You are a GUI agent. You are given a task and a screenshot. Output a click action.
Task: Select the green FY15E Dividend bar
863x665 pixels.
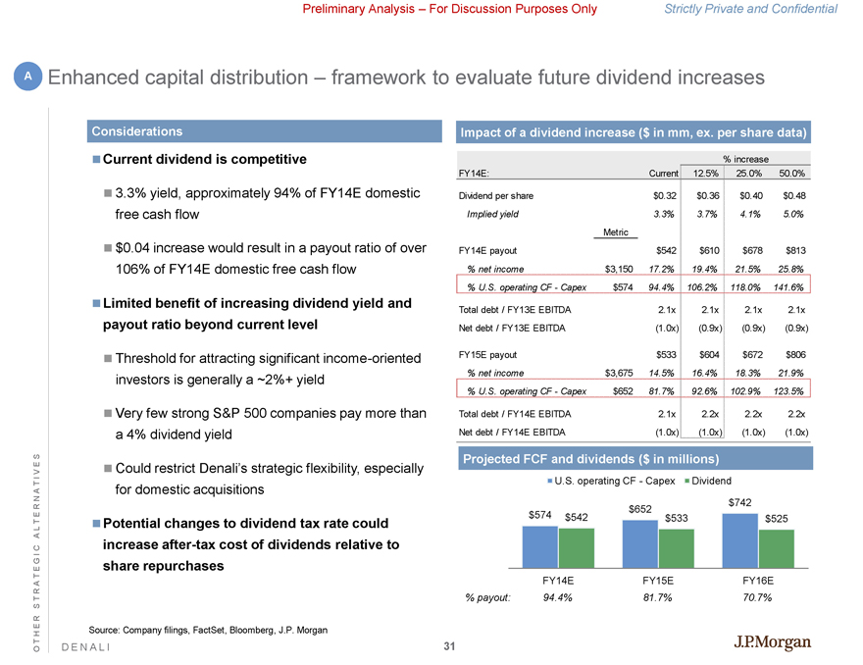[676, 548]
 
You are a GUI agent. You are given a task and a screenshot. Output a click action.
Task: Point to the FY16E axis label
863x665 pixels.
[759, 580]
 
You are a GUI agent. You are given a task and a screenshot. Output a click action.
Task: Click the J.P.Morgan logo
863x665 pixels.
[773, 643]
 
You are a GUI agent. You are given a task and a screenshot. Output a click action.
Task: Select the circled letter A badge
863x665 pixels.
[28, 77]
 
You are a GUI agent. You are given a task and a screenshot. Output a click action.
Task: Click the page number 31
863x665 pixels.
[449, 646]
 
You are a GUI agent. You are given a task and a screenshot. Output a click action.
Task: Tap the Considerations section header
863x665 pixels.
[136, 130]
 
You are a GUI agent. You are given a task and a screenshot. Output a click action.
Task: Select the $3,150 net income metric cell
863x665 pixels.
[617, 268]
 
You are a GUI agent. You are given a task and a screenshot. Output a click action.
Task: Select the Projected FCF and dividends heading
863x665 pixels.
[593, 458]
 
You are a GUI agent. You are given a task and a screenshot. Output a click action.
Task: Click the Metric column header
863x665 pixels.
[615, 231]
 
